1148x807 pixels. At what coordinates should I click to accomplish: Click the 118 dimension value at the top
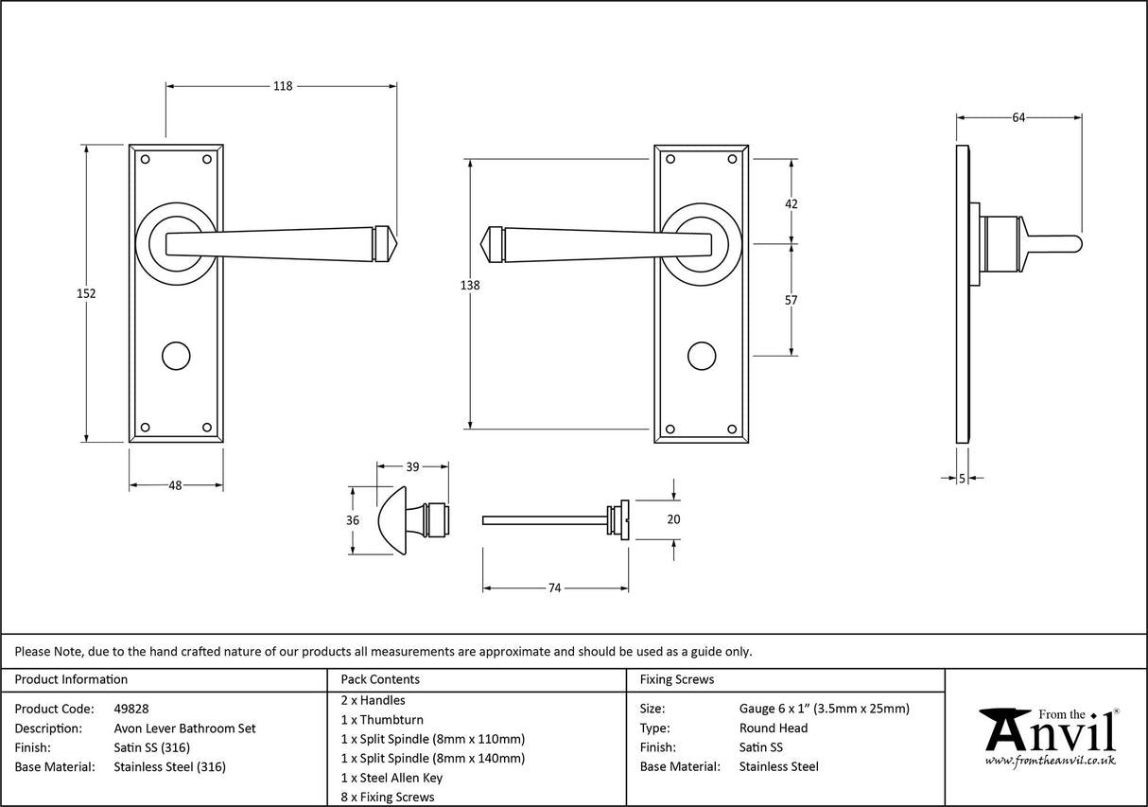(x=282, y=86)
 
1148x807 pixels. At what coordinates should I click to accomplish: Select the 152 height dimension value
(x=86, y=293)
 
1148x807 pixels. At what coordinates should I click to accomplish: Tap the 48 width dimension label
(x=175, y=485)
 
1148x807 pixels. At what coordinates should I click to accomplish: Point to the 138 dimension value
(x=470, y=286)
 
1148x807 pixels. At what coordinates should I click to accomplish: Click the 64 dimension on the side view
(x=1018, y=117)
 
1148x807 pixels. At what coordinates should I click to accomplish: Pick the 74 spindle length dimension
(x=555, y=588)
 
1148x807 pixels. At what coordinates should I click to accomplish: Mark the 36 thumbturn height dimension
(x=353, y=520)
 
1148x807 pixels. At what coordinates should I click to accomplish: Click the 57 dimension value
(x=791, y=300)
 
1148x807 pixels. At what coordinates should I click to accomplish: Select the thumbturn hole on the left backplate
(x=175, y=356)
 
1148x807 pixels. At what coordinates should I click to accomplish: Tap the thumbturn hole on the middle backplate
(x=701, y=356)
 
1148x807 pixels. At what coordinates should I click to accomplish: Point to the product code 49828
(x=130, y=708)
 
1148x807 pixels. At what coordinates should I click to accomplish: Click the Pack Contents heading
(x=380, y=679)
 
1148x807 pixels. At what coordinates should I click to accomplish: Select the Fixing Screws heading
(x=677, y=679)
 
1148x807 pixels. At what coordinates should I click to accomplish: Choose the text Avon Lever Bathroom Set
(x=184, y=728)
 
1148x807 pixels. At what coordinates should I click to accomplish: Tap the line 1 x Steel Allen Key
(x=391, y=778)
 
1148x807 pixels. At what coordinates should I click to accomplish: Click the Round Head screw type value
(x=774, y=728)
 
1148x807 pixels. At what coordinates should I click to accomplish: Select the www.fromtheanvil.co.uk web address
(x=1050, y=760)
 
